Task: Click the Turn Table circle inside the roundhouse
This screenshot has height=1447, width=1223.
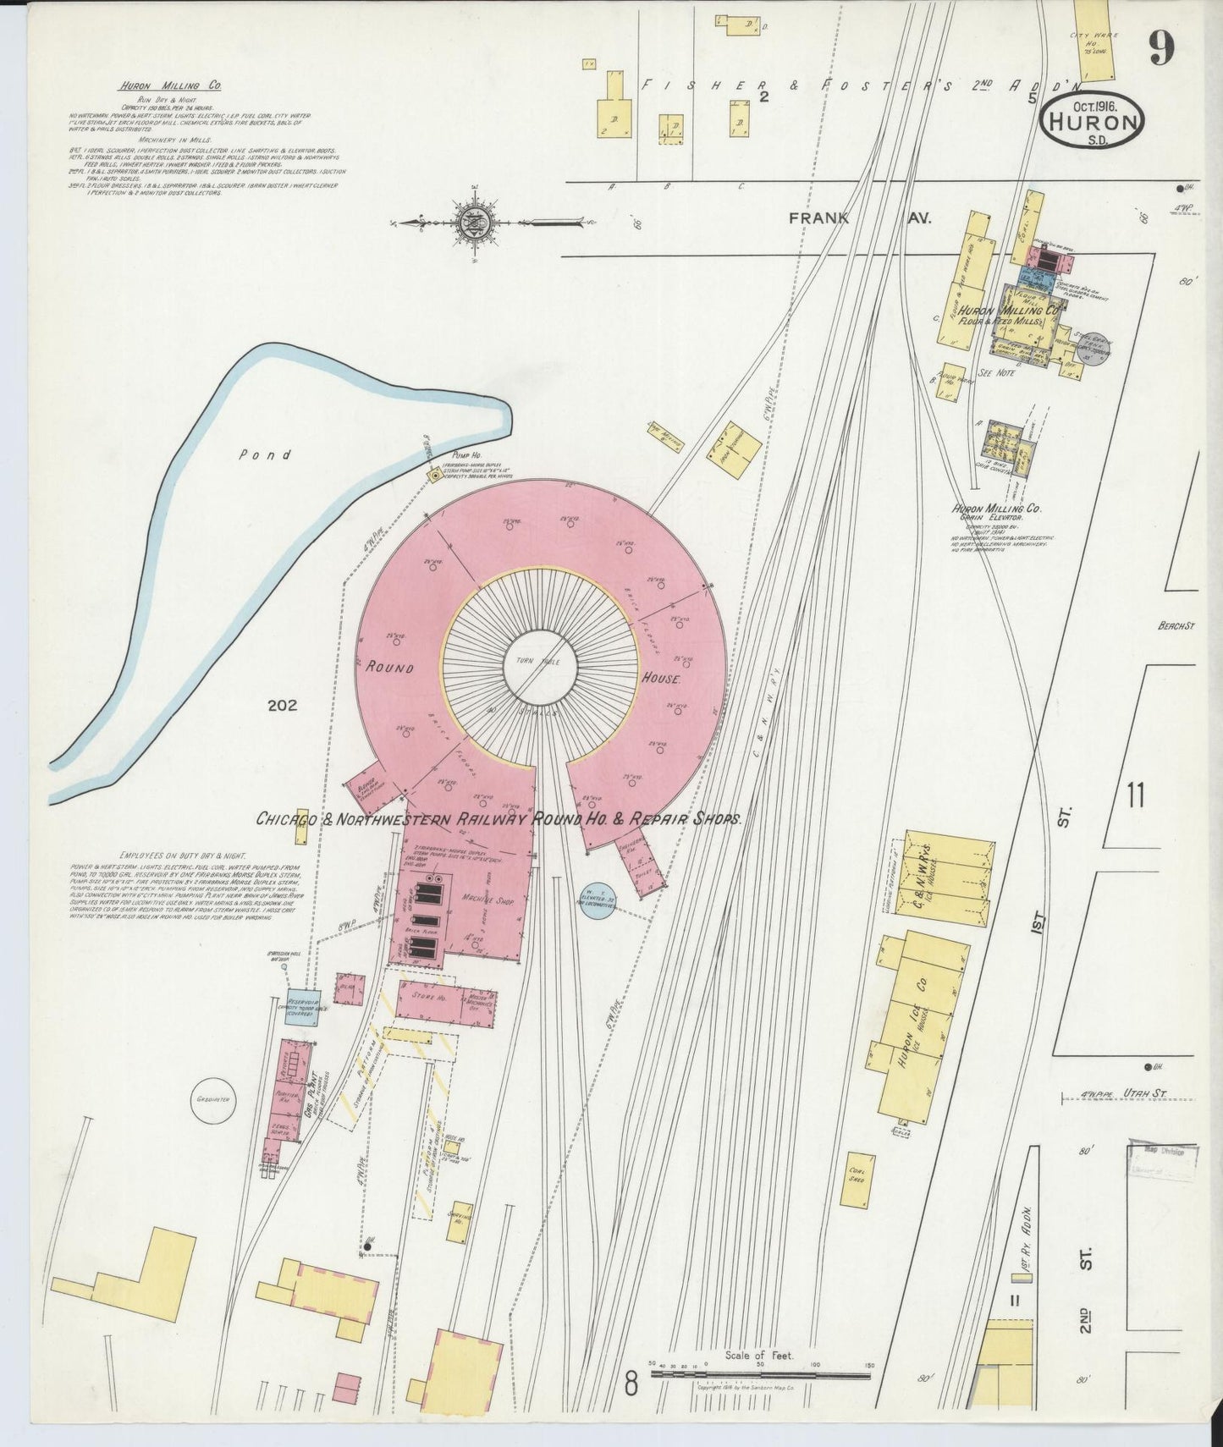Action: pos(541,666)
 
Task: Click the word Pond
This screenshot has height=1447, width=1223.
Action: pos(264,455)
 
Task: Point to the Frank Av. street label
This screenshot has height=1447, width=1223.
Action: pos(858,218)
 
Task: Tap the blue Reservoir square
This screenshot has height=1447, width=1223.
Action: pos(302,1006)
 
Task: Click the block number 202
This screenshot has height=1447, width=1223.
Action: pos(281,705)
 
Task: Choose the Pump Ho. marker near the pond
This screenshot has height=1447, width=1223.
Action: pos(435,477)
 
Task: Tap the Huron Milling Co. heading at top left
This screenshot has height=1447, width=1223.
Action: pos(169,86)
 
